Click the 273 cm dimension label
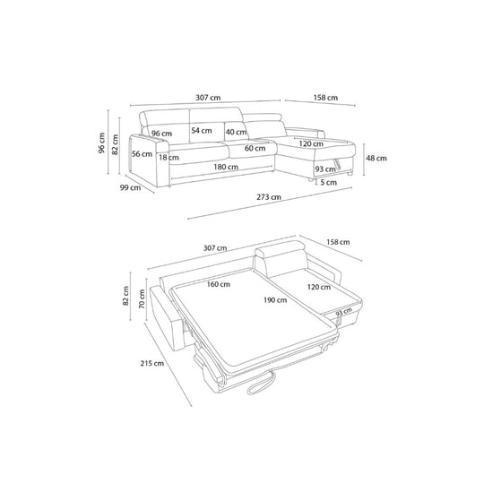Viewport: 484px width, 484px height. click(x=269, y=196)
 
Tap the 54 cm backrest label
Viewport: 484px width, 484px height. click(x=202, y=130)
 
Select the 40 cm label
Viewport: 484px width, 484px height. click(x=236, y=132)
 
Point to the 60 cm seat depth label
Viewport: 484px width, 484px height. click(x=255, y=148)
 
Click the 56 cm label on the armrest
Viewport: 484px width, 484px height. click(x=142, y=154)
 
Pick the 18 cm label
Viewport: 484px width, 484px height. click(x=169, y=158)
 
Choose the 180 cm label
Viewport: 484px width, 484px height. click(x=226, y=167)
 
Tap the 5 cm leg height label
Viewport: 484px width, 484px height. click(x=328, y=183)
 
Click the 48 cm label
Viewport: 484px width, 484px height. click(x=376, y=158)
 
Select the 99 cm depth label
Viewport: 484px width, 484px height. click(x=130, y=187)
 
